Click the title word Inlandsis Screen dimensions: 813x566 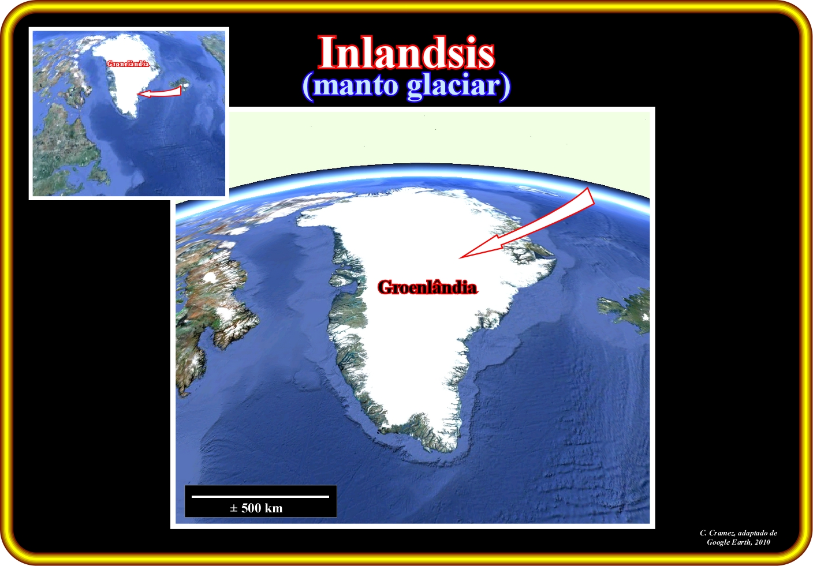406,52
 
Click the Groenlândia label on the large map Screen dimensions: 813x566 427,287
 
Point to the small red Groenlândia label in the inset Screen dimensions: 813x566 128,64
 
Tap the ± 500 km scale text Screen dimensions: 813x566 256,508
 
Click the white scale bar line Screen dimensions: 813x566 260,496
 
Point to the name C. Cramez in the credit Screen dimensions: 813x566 717,533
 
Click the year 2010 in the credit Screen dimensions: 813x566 762,542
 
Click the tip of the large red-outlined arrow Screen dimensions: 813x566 460,258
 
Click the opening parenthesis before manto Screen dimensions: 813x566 307,87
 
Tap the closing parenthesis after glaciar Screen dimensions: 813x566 506,87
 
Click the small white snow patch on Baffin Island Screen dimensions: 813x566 210,278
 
